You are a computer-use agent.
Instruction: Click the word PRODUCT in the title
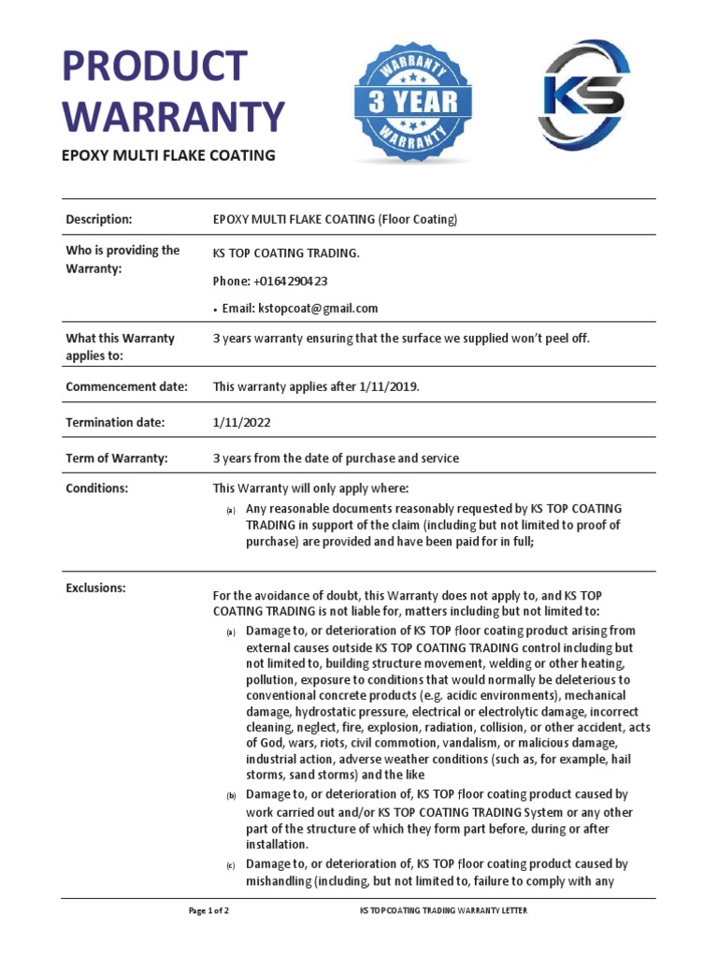click(155, 68)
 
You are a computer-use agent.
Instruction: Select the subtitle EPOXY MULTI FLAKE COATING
click(168, 155)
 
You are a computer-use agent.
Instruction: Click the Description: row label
click(98, 220)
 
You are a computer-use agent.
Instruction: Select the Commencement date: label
click(126, 386)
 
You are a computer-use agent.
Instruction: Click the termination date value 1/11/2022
click(242, 422)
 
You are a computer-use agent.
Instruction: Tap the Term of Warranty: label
click(116, 458)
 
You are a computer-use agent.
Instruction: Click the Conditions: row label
click(96, 488)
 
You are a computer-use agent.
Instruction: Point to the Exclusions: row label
click(95, 588)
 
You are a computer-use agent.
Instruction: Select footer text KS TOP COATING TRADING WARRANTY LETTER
click(449, 910)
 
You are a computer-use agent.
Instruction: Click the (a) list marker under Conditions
click(230, 510)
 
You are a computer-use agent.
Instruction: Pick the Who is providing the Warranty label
click(122, 259)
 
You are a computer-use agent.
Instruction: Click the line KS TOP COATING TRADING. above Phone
click(286, 254)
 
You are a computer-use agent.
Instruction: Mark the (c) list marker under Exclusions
click(230, 866)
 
